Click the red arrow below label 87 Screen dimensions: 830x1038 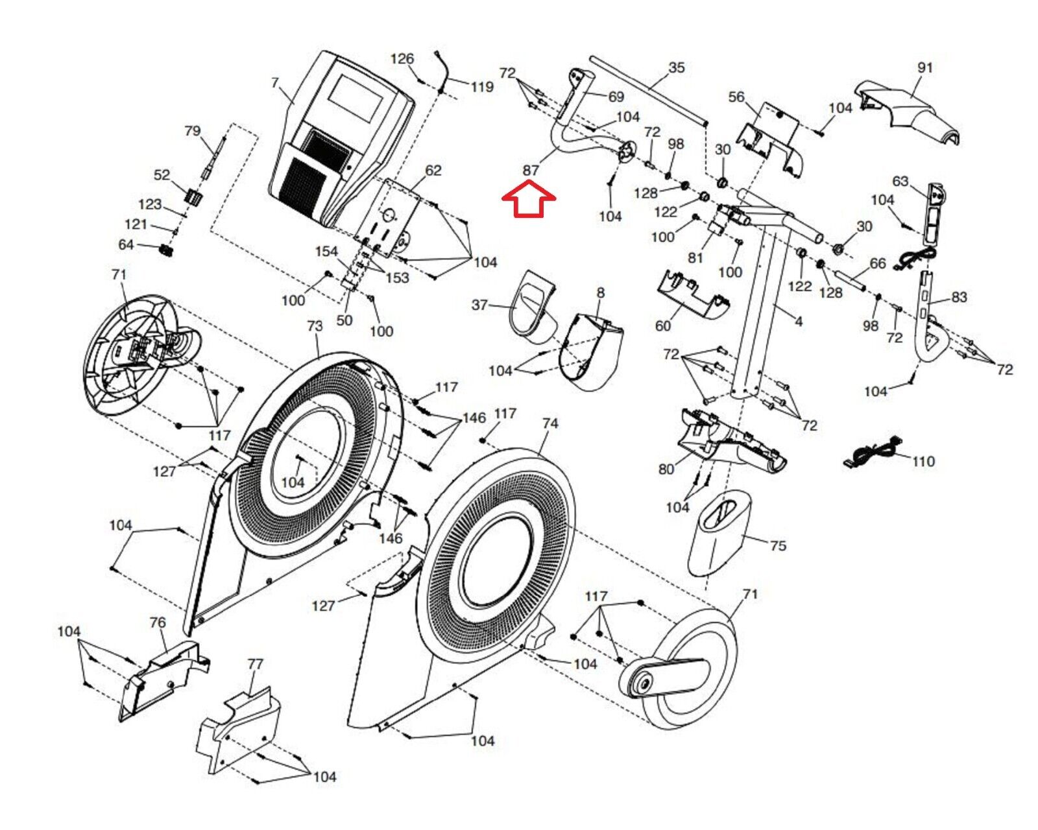[x=529, y=199]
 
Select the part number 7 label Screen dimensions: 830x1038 [x=275, y=83]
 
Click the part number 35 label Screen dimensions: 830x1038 [x=676, y=67]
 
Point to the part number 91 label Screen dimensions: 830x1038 [x=924, y=67]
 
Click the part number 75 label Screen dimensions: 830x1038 [x=778, y=545]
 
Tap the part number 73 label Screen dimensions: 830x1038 [x=315, y=326]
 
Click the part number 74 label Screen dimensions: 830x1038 [x=549, y=423]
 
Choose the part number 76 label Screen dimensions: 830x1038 [x=158, y=622]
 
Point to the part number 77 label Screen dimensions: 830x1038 [x=255, y=664]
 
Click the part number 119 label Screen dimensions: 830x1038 [x=482, y=87]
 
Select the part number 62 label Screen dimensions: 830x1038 [x=433, y=171]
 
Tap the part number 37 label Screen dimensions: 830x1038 [x=479, y=305]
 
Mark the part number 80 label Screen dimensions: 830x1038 [x=666, y=469]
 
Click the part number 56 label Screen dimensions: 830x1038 [x=736, y=97]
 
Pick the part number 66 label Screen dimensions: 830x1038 [x=877, y=263]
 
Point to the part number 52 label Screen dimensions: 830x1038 [x=162, y=175]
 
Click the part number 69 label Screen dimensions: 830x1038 [x=616, y=97]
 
